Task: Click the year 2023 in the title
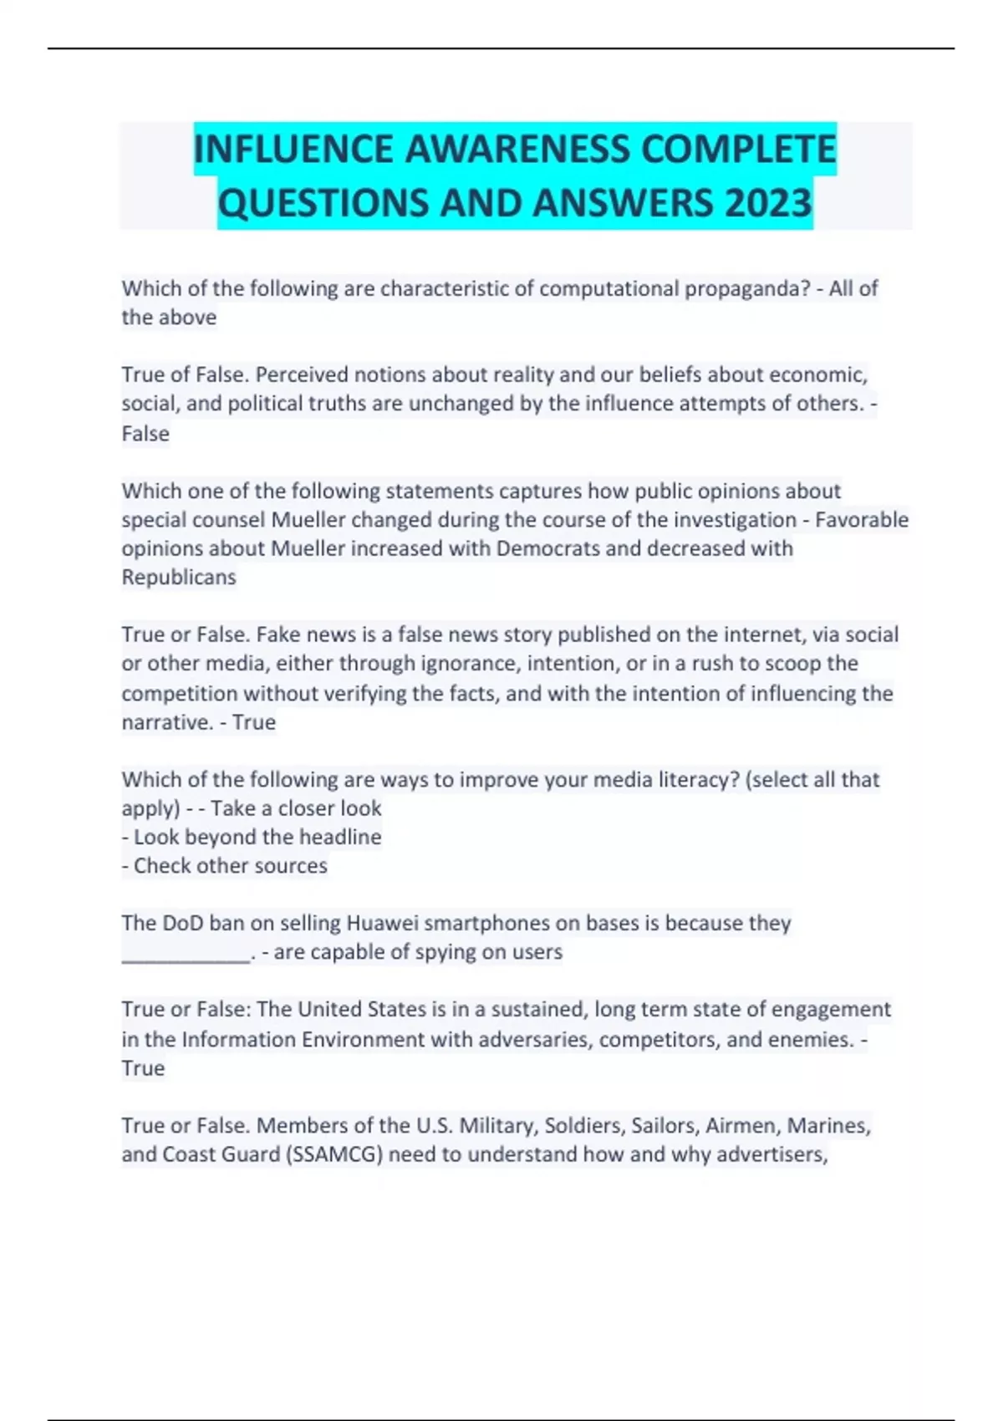[x=768, y=203]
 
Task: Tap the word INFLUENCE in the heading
[x=293, y=150]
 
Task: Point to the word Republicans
[x=179, y=577]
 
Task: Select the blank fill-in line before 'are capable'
[x=186, y=954]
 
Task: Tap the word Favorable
[x=862, y=519]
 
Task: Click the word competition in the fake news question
[x=179, y=693]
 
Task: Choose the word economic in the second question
[x=818, y=374]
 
